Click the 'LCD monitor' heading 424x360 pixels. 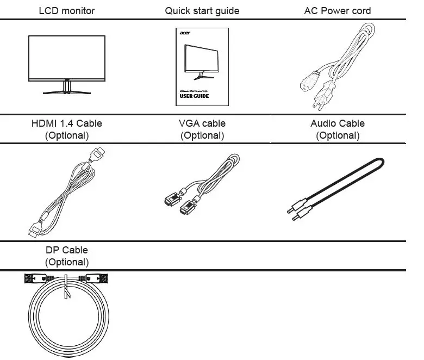[x=67, y=11]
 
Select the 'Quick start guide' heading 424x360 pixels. [x=202, y=11]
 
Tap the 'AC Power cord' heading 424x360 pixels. [x=338, y=11]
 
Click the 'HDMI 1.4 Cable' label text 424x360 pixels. [x=67, y=123]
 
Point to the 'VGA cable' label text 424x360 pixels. [x=202, y=123]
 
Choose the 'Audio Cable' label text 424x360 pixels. [x=338, y=123]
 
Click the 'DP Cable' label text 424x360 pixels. [x=67, y=250]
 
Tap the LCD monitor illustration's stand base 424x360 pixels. [x=67, y=92]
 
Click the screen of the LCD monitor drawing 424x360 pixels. [x=67, y=57]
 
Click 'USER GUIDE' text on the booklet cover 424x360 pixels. [x=194, y=96]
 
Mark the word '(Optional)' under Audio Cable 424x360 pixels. [x=338, y=135]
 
